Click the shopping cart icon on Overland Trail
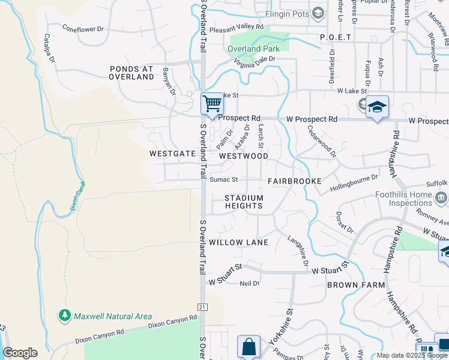pos(212,104)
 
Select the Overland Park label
pos(252,49)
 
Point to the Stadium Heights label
pos(244,202)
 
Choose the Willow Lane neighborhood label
pos(238,242)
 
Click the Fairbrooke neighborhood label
pos(295,181)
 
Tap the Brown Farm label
pos(356,285)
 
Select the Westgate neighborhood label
pos(173,154)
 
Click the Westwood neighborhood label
pos(244,156)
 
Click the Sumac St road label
pos(224,179)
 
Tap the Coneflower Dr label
pos(83,28)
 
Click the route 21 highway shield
pos(202,307)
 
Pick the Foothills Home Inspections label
pos(403,199)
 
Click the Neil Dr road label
pos(249,283)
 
